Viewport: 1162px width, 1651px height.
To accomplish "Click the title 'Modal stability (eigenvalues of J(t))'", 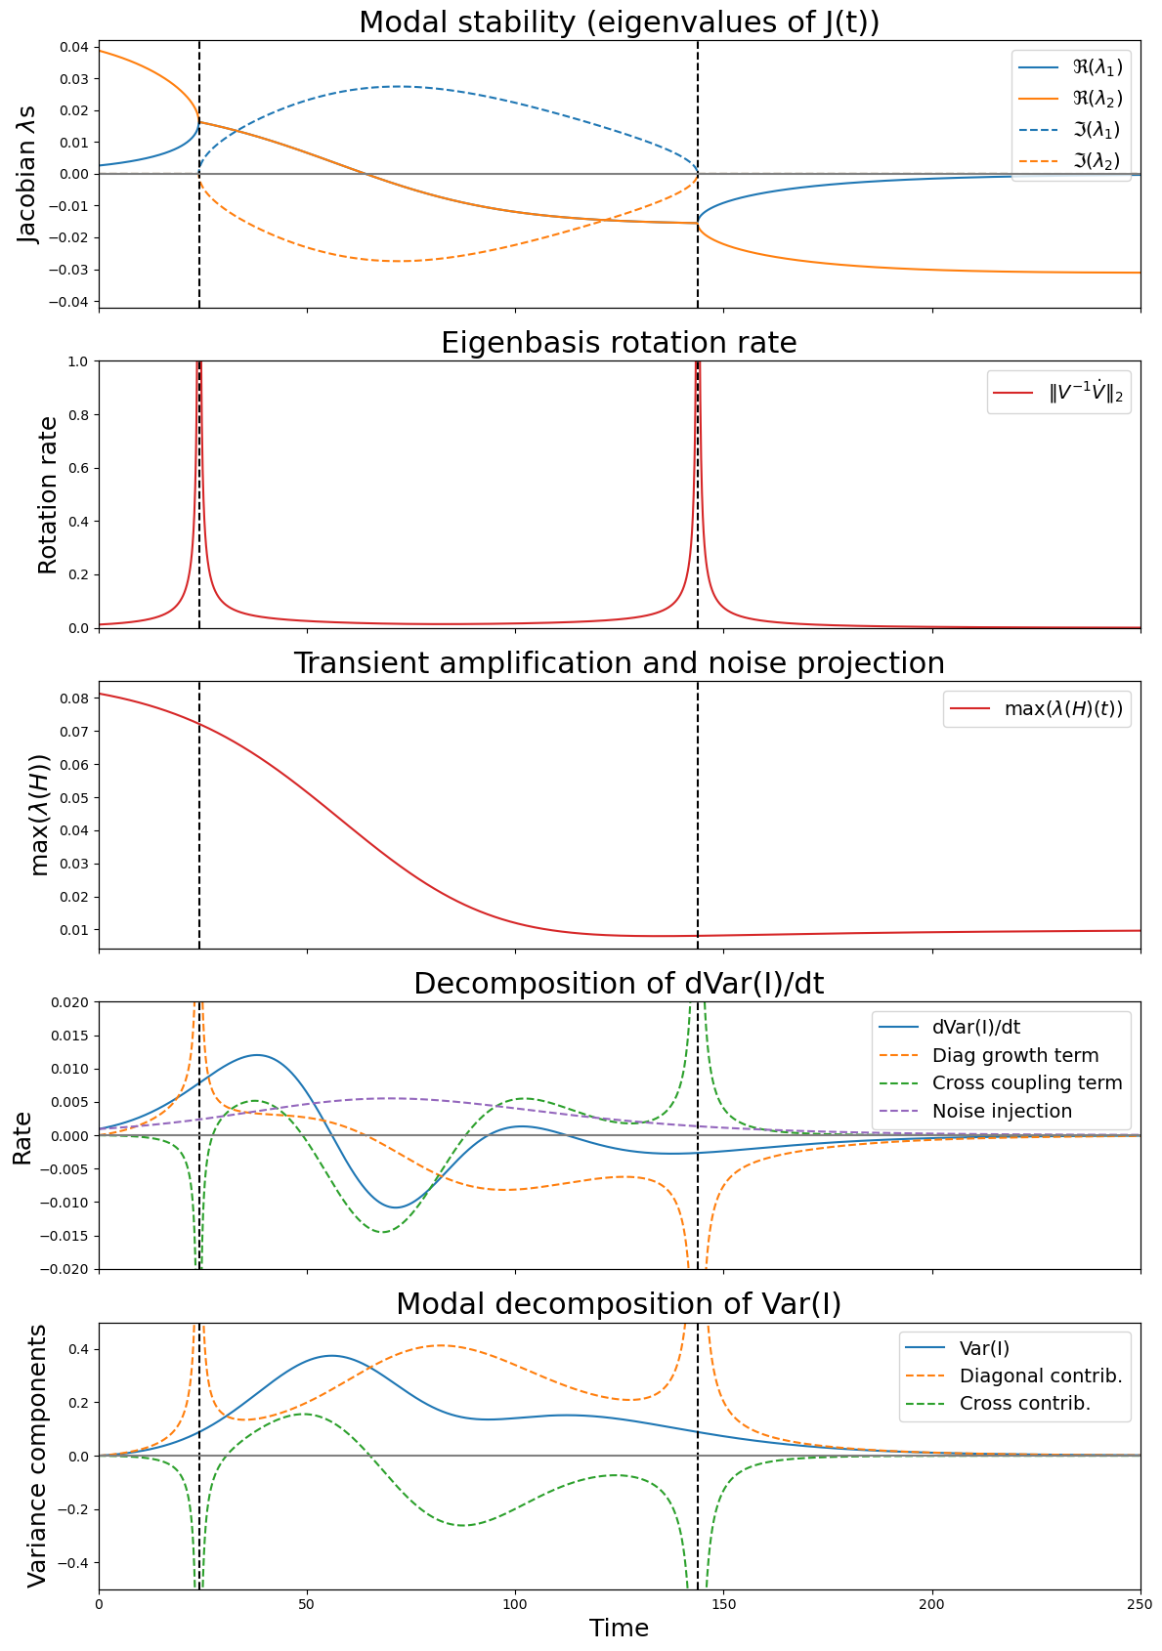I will tap(619, 22).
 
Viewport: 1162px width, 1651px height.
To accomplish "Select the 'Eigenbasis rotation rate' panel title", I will tap(619, 343).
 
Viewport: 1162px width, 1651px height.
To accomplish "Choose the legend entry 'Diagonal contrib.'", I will tap(1040, 1376).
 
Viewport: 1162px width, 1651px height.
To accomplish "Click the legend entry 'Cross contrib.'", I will tap(1024, 1404).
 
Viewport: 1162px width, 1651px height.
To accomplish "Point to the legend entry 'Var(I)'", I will tap(984, 1348).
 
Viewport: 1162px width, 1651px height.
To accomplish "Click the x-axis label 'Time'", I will tap(619, 1628).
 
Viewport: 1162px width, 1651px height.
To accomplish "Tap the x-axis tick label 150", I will tap(723, 1604).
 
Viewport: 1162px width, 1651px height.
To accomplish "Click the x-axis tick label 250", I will tap(1140, 1604).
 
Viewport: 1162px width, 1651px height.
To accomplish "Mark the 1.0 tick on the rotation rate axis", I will tap(80, 361).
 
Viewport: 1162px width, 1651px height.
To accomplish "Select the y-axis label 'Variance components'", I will tap(36, 1456).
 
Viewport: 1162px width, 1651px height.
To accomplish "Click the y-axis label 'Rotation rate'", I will tap(48, 495).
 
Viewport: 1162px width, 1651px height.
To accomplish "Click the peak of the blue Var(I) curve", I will tap(331, 1355).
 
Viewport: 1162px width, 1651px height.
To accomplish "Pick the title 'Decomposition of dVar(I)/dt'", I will tap(619, 984).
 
